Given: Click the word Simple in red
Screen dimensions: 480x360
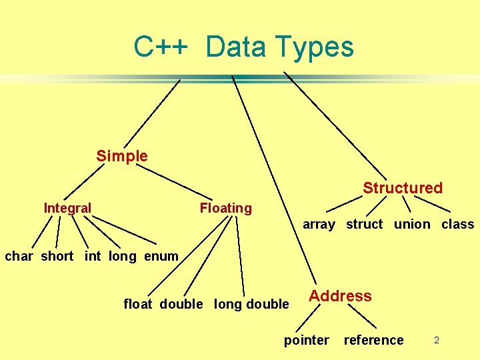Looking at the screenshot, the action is tap(122, 156).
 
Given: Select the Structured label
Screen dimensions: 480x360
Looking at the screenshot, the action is tap(403, 188).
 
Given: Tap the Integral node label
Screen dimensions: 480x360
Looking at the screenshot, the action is tap(67, 208).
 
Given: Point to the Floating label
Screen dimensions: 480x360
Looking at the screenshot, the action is tap(226, 208).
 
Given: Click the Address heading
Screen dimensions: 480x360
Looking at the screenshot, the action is tap(340, 296).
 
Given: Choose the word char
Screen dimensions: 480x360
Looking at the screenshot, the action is tap(19, 256).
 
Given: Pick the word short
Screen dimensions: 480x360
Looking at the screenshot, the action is tap(57, 256).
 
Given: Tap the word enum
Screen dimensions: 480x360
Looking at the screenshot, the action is tap(161, 256).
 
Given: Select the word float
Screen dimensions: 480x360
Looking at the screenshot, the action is tap(138, 304).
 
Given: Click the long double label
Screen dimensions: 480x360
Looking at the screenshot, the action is tap(251, 304).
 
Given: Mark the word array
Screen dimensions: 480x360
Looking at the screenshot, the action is tap(319, 225).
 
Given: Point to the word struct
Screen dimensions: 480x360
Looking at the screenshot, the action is tap(364, 224).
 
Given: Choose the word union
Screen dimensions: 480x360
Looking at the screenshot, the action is tap(412, 224).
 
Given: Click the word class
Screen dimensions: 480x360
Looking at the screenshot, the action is tap(458, 224).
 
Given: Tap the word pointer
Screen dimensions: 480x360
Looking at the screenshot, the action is tap(307, 340).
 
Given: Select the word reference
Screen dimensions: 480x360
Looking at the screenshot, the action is tap(373, 340).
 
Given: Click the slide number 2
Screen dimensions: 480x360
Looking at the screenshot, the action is tap(437, 341).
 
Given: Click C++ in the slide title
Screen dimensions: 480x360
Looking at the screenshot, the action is tap(162, 47).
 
